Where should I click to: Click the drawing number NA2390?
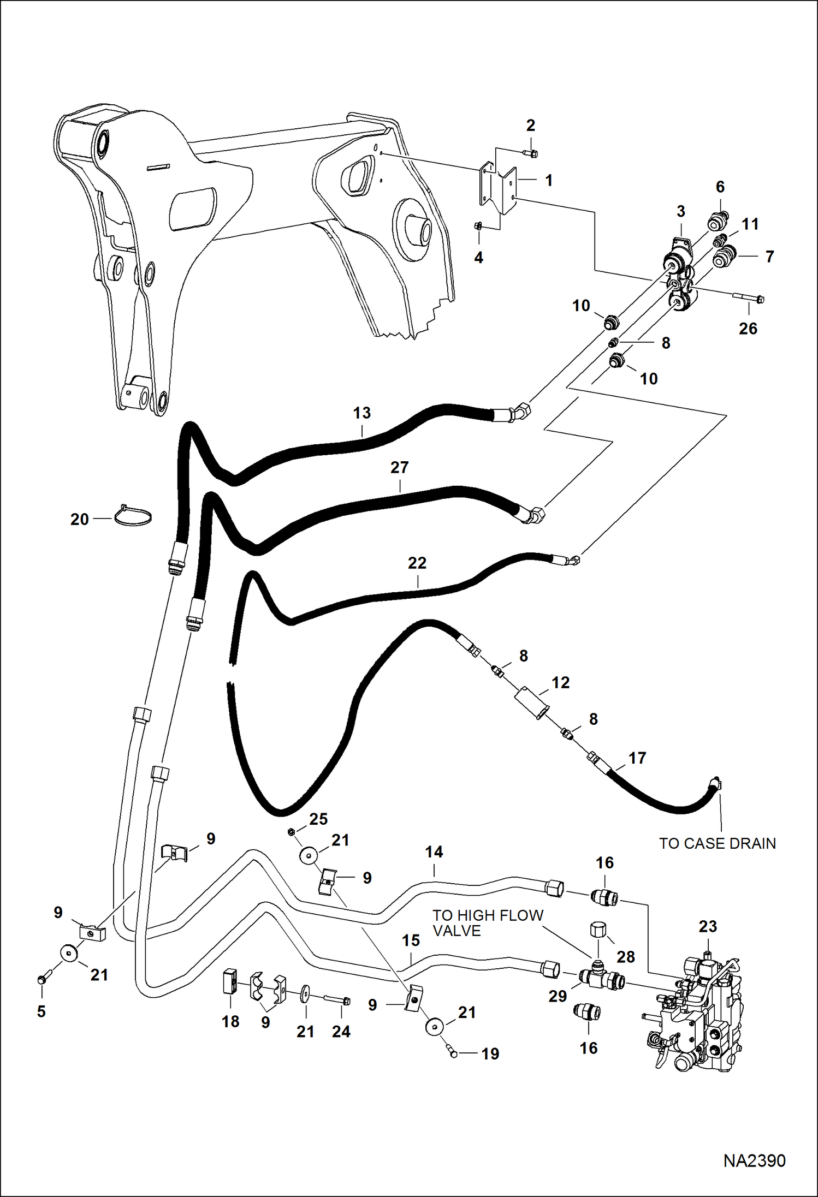pos(754,1160)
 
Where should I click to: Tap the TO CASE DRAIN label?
pos(717,843)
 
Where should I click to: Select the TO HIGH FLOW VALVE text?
pos(488,923)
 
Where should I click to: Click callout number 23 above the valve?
pos(708,926)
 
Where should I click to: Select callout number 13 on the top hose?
pos(361,413)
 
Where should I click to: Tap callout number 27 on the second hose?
pos(399,467)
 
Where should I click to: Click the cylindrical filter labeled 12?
pos(532,702)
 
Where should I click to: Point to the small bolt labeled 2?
pos(533,154)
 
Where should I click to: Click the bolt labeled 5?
pos(43,980)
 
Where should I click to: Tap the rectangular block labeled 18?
pos(229,984)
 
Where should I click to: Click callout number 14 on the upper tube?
pos(434,851)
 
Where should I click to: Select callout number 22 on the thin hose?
pos(417,563)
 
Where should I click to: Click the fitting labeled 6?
pos(716,221)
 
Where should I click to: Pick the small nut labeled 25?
pos(291,831)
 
